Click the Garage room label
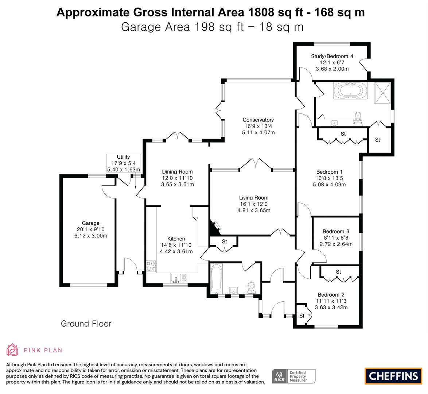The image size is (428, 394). pyautogui.click(x=90, y=223)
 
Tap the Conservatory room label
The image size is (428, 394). pyautogui.click(x=258, y=120)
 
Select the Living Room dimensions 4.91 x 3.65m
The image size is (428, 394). pyautogui.click(x=254, y=210)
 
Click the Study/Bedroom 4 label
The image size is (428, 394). pyautogui.click(x=332, y=56)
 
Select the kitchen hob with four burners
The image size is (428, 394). pyautogui.click(x=151, y=266)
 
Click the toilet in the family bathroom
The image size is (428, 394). pyautogui.click(x=251, y=287)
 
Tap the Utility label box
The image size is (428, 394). pyautogui.click(x=123, y=163)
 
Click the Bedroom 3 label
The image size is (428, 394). pyautogui.click(x=336, y=231)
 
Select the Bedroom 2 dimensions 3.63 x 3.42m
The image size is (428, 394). pyautogui.click(x=331, y=307)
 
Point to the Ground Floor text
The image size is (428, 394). pyautogui.click(x=86, y=324)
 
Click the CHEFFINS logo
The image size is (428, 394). pyautogui.click(x=393, y=376)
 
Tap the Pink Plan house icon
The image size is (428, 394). pyautogui.click(x=13, y=349)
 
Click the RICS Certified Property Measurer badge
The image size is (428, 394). pyautogui.click(x=293, y=376)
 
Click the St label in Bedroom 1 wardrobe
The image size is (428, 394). pyautogui.click(x=343, y=134)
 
